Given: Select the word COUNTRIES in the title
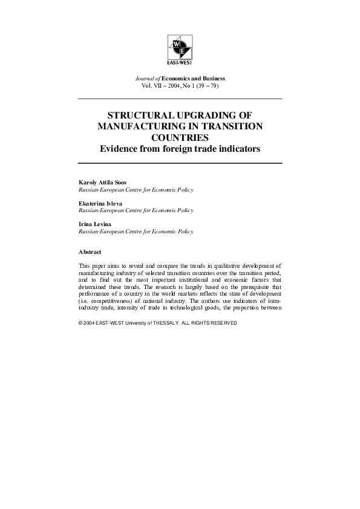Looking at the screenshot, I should point(180,137).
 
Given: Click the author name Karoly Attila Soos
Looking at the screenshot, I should point(103,182).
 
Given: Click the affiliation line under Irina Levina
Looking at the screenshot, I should point(136,232).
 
